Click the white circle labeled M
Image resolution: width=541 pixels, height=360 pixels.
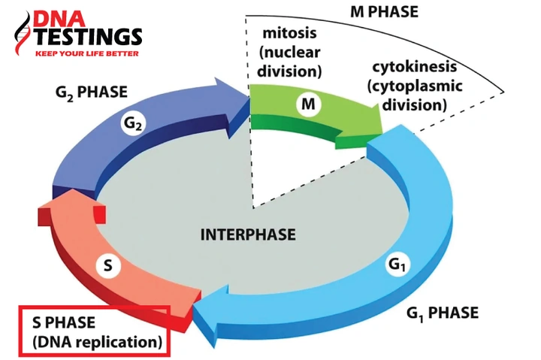coord(308,104)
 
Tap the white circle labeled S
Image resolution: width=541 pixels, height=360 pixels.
coord(108,266)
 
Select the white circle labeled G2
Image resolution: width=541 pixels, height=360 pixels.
coord(133,123)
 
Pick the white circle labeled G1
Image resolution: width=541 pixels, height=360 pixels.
coord(398,265)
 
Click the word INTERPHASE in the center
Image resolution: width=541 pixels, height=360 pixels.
coord(248,234)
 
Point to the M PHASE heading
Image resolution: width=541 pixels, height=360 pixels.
coord(384,12)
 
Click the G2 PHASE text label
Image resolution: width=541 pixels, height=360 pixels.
coord(92,92)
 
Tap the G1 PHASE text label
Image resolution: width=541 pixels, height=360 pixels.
coord(443,313)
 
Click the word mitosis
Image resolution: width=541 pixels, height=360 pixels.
coord(289,33)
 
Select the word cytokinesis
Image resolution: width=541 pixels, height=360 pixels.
coord(414,67)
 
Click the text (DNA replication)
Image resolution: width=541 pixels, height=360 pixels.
coord(97,342)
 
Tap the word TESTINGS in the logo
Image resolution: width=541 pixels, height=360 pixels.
coord(89,37)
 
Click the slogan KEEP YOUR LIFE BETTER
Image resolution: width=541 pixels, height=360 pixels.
coord(87,53)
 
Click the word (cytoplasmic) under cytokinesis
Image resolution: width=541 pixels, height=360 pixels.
coord(414,86)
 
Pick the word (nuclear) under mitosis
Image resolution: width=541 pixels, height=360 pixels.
coord(289,53)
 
